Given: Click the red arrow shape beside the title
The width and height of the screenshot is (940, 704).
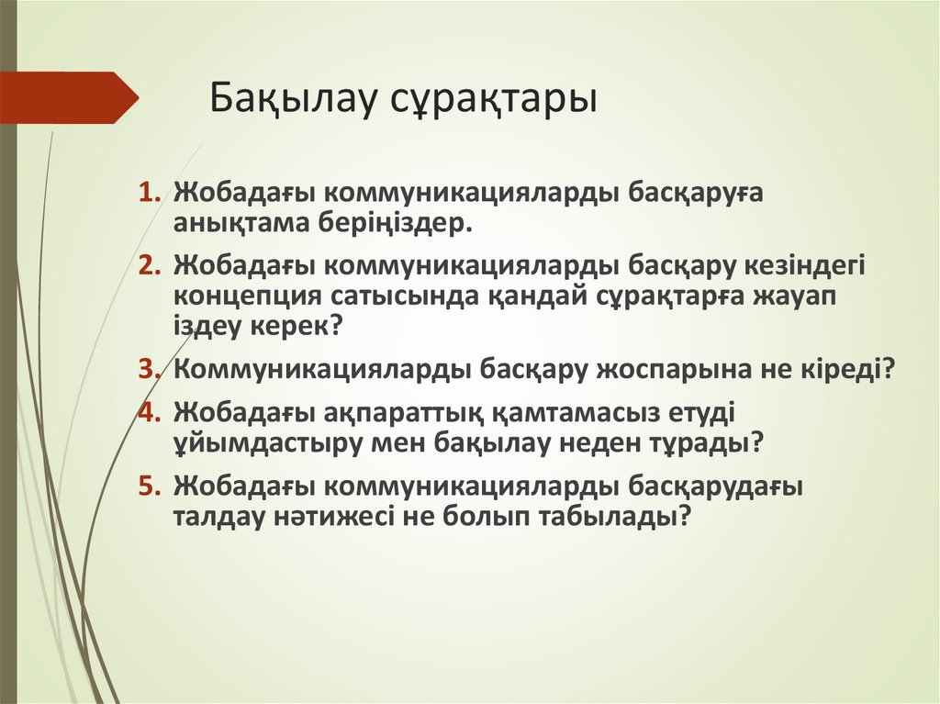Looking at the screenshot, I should (70, 97).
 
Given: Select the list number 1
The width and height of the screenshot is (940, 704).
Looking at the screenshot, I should (149, 194).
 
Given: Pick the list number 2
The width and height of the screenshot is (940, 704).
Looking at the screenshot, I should (149, 265).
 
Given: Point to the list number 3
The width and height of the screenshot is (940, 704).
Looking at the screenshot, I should (149, 368).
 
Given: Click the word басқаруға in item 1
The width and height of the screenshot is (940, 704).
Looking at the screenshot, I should (695, 195).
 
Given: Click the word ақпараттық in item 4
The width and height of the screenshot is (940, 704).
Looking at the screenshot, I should (400, 411).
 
